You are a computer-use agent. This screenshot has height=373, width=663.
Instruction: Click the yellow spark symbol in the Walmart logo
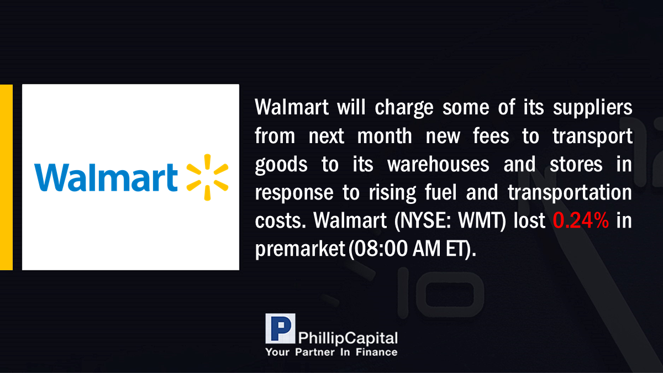(x=208, y=177)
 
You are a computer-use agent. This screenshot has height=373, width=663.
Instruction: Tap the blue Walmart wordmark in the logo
(x=106, y=177)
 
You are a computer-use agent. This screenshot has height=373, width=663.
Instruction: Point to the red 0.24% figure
(x=581, y=220)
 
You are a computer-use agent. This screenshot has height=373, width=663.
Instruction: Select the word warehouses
(x=438, y=164)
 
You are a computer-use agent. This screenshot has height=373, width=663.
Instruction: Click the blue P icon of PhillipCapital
(x=280, y=328)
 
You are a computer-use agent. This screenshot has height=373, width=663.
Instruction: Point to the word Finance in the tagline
(x=376, y=353)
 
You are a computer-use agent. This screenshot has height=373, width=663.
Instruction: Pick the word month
(x=385, y=136)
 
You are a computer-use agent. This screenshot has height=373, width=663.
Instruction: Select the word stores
(x=576, y=164)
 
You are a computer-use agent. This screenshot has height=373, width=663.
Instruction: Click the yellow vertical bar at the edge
(x=6, y=177)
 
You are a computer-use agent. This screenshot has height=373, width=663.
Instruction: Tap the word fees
(x=491, y=136)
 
